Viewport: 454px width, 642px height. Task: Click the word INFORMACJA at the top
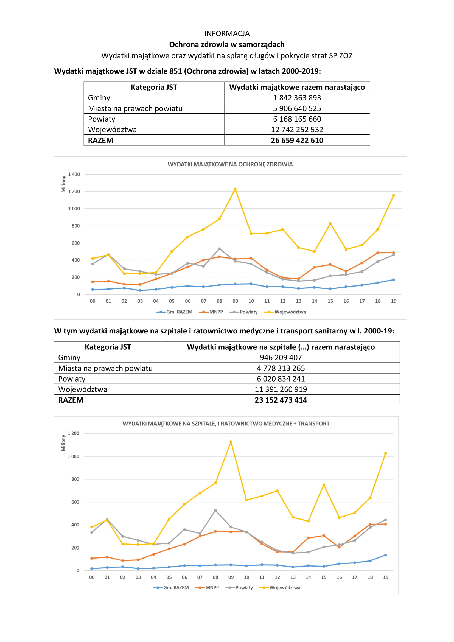(227, 33)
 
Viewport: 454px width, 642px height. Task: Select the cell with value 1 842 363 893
(297, 98)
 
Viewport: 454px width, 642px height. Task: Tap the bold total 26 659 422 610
(297, 140)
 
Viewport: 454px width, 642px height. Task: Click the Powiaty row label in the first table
(102, 119)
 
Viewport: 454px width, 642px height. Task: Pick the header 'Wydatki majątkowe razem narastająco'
(297, 87)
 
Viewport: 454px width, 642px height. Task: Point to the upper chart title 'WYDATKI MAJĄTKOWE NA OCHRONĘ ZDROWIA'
(230, 164)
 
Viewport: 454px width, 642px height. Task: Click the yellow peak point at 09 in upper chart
(235, 189)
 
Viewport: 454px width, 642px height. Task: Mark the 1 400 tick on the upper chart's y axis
(74, 174)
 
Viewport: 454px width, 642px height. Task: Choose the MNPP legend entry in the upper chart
(216, 312)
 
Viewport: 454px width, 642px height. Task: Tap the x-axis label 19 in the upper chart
(394, 301)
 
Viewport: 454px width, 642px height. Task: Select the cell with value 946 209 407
(281, 357)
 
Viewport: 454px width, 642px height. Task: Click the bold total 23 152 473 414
(281, 400)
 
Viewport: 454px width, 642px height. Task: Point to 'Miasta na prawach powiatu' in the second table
(105, 368)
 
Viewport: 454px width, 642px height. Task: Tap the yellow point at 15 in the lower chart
(324, 485)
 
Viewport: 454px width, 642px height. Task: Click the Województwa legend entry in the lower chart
(285, 587)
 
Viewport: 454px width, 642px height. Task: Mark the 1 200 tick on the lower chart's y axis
(73, 433)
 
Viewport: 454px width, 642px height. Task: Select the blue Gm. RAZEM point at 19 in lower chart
(385, 555)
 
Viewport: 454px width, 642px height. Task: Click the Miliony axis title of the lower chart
(63, 443)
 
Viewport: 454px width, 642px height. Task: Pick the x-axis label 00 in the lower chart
(92, 577)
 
